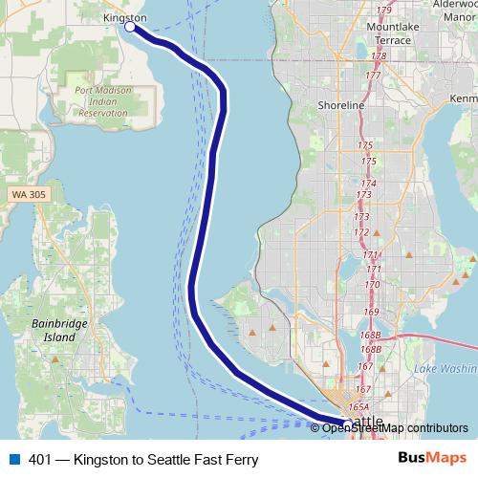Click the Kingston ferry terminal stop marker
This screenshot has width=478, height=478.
(x=130, y=27)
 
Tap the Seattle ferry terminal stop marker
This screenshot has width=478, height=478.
(x=348, y=422)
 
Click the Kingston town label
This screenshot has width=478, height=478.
(x=125, y=17)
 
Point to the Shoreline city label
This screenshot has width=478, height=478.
(x=341, y=105)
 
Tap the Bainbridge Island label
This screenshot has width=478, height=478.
(x=53, y=331)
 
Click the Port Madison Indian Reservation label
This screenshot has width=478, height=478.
(x=101, y=101)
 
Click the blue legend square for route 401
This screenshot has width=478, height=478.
(x=13, y=460)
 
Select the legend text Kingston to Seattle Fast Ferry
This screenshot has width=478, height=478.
(x=143, y=460)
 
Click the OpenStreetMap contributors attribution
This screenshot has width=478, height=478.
(x=395, y=427)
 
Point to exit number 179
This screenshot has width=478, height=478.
(x=385, y=11)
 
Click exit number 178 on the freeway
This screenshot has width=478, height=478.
(x=379, y=56)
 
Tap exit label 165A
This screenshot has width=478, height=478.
(x=358, y=406)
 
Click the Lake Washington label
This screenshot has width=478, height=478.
(x=447, y=368)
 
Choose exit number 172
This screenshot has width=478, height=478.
(x=361, y=232)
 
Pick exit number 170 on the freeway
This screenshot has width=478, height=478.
(x=373, y=285)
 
